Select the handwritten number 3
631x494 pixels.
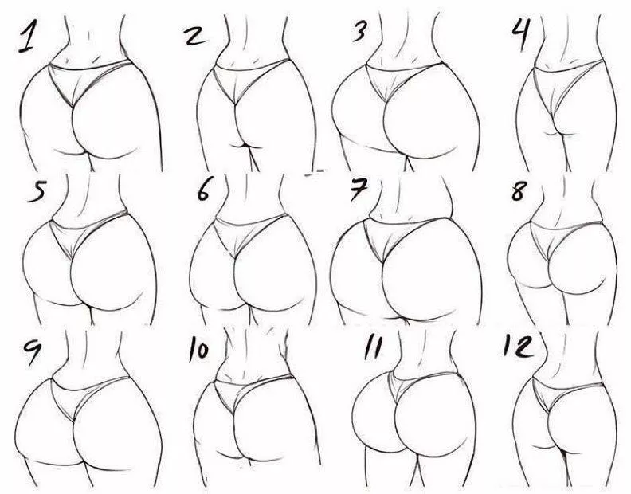click(359, 32)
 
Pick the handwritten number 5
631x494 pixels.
click(37, 194)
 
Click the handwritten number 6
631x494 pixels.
click(204, 194)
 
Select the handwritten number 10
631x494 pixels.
click(199, 351)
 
